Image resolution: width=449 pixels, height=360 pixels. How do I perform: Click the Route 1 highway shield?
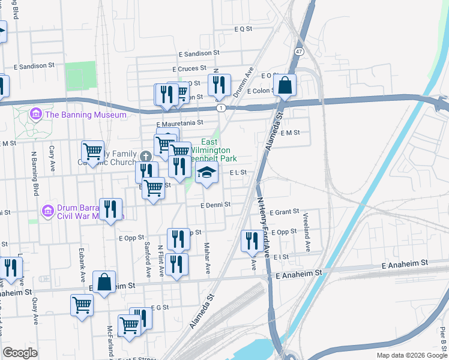click(221, 107)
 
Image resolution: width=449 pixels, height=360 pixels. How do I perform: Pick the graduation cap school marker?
click(206, 173)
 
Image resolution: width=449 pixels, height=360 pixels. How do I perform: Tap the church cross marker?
click(145, 157)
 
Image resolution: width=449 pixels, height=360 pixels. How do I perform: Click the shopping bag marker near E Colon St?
click(285, 85)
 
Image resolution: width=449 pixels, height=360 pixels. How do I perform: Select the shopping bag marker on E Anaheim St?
click(104, 283)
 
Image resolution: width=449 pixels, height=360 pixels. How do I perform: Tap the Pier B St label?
click(442, 339)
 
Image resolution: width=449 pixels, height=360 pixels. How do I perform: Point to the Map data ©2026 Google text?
click(411, 355)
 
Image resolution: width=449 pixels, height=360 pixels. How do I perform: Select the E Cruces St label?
click(188, 69)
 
